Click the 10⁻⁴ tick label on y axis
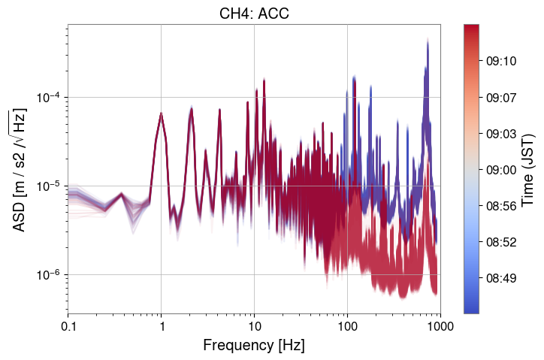point(48,98)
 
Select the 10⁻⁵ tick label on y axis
point(48,186)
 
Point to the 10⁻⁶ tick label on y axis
point(48,275)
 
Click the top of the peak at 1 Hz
point(162,113)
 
